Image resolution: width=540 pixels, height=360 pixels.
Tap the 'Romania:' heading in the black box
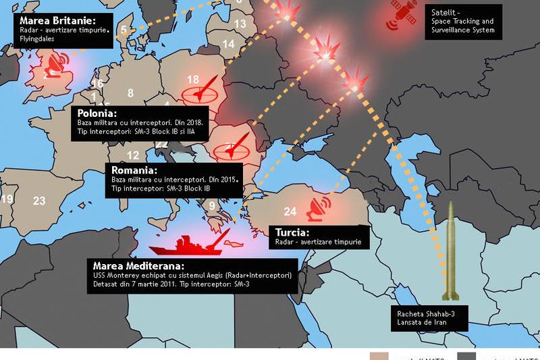134,170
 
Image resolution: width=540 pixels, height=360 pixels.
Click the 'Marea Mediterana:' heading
138,265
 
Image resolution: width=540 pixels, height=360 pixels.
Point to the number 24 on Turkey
290,210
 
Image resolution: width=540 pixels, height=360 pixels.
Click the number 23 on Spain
39,201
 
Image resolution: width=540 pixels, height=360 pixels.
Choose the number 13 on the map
240,24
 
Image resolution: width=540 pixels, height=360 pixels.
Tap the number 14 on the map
229,45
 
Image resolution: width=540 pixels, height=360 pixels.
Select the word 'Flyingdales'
37,39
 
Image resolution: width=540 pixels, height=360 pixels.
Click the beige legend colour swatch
379,356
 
